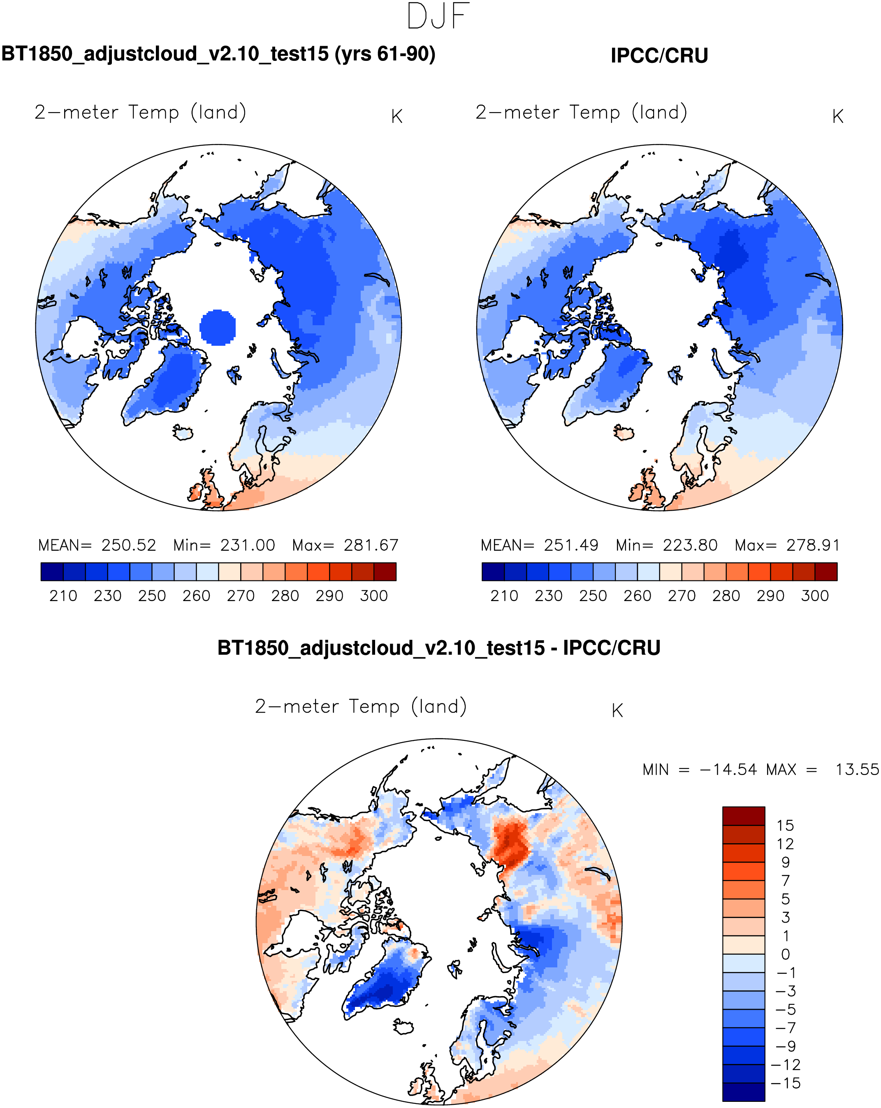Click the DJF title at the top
pyautogui.click(x=438, y=16)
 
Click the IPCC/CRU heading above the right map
pyautogui.click(x=659, y=56)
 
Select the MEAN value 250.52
pyautogui.click(x=128, y=545)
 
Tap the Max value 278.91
pyautogui.click(x=813, y=545)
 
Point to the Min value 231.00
pyautogui.click(x=248, y=545)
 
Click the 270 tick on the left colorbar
pyautogui.click(x=241, y=596)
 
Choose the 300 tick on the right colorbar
pyautogui.click(x=815, y=596)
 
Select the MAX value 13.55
pyautogui.click(x=857, y=770)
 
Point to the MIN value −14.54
pyautogui.click(x=728, y=770)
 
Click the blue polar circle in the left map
pyautogui.click(x=218, y=327)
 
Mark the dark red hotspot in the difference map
pyautogui.click(x=510, y=843)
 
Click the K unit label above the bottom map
pyautogui.click(x=617, y=711)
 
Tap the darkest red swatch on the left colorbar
pyautogui.click(x=385, y=571)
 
